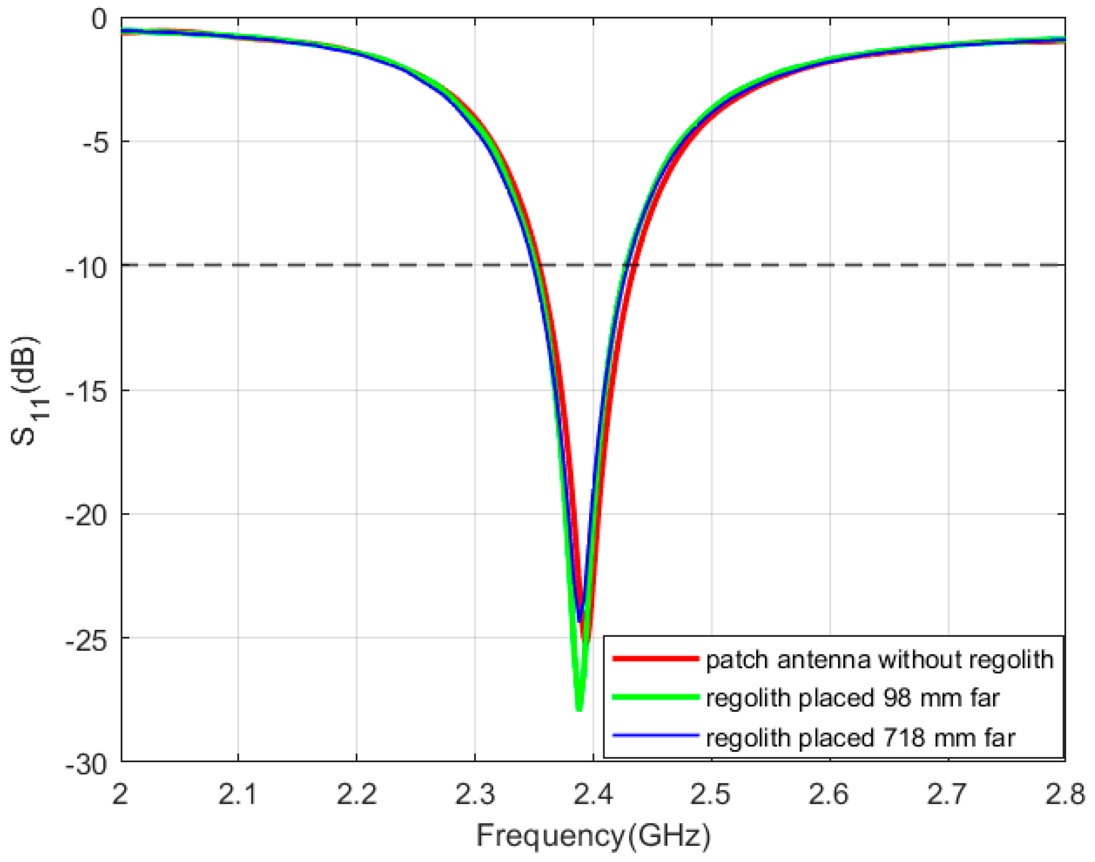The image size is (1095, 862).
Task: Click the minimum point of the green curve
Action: click(x=579, y=709)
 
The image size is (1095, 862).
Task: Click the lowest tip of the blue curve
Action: click(x=579, y=621)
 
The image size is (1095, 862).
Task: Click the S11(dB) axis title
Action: click(x=25, y=390)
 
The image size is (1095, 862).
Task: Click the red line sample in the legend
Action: click(x=655, y=659)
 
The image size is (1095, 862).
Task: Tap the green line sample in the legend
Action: click(x=655, y=697)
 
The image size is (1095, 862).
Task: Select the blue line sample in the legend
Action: click(x=655, y=735)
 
